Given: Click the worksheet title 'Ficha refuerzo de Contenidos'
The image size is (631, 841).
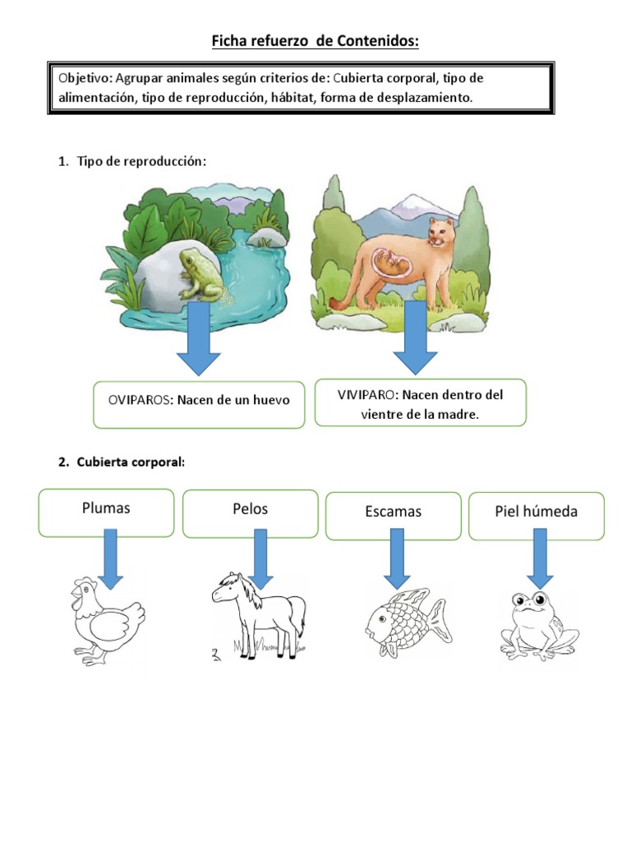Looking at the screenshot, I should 315,40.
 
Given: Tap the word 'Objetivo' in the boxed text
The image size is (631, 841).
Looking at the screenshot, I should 85,78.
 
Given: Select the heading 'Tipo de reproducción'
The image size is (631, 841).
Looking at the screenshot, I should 141,162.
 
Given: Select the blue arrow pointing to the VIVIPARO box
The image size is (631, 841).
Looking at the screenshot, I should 415,337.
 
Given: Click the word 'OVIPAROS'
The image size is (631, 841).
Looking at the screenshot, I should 138,400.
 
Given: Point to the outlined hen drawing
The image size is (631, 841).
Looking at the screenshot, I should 104,621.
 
